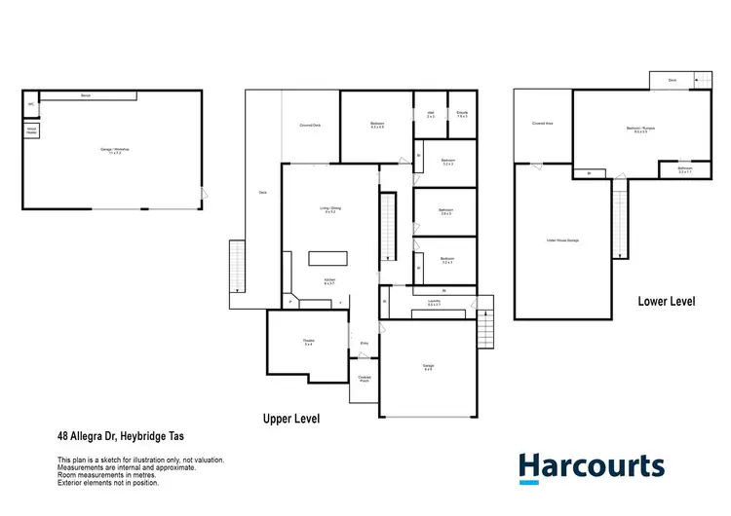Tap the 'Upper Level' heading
coord(291,419)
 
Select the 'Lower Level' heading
coord(667,302)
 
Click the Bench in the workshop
coord(86,95)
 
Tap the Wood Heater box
coord(31,129)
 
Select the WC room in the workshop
coord(31,102)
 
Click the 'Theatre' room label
coord(308,342)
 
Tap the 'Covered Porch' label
coord(364,379)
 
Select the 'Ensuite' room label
coord(462,114)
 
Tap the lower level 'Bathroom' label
coord(685,169)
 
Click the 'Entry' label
coord(365,343)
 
